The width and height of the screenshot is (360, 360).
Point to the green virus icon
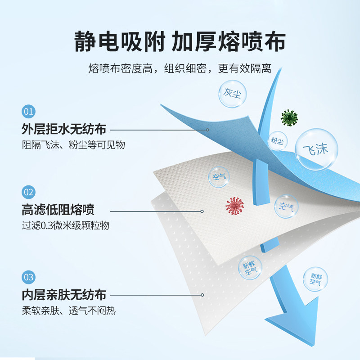(289, 118)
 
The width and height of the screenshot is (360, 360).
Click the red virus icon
(234, 206)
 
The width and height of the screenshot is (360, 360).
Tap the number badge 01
(28, 111)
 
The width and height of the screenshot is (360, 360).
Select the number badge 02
(28, 193)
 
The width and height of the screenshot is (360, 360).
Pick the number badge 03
(28, 276)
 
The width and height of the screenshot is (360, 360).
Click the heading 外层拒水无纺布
(64, 129)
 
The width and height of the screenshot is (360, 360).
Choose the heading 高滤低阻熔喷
(58, 211)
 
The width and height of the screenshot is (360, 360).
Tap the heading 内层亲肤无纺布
(64, 295)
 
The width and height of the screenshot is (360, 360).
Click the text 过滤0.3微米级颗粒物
(65, 226)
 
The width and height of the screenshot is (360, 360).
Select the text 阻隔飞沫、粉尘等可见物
(73, 144)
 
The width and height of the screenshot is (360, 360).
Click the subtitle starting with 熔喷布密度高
(180, 68)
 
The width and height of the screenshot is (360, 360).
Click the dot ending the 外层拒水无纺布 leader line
(208, 130)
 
